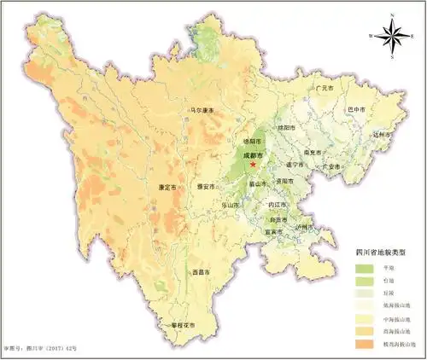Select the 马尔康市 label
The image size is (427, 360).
click(x=202, y=110)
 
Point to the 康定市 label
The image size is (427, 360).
click(x=167, y=187)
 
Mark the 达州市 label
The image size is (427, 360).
click(x=383, y=133)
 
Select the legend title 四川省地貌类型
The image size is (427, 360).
click(x=380, y=253)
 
